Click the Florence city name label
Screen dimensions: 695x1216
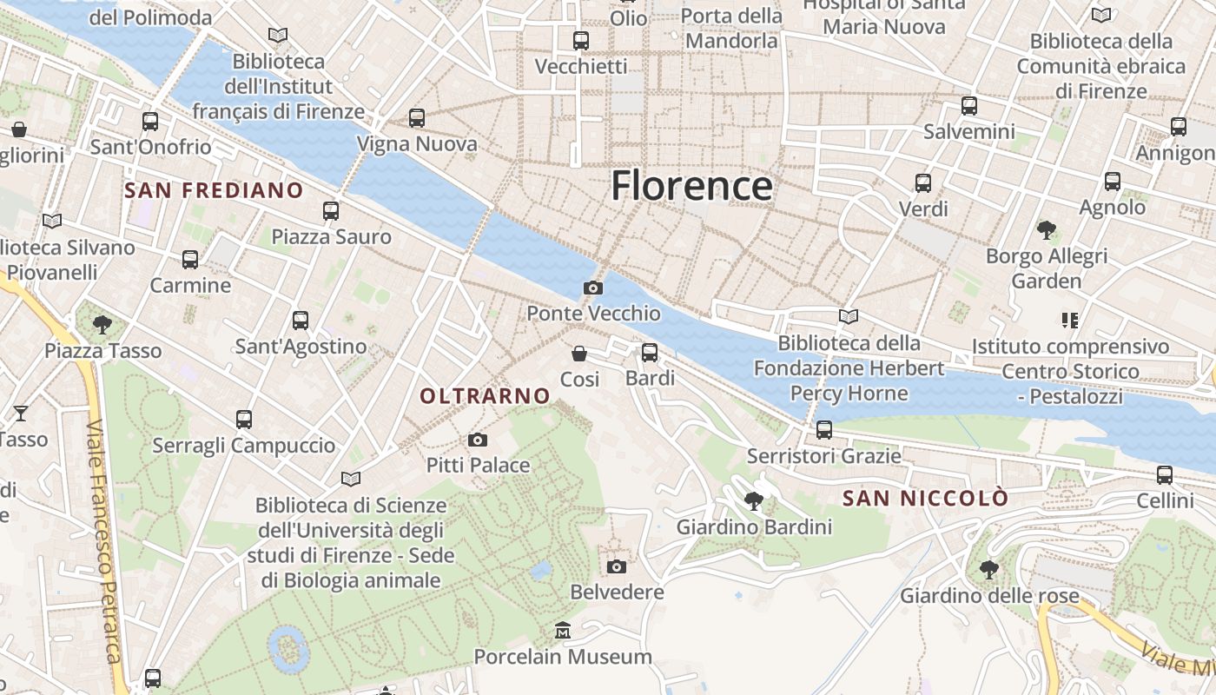click(691, 186)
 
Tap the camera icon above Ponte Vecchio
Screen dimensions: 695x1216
click(593, 288)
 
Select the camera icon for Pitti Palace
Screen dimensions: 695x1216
click(478, 440)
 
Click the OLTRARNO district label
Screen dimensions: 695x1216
click(486, 396)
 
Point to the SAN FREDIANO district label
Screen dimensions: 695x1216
click(214, 190)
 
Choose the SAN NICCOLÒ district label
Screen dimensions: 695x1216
click(926, 499)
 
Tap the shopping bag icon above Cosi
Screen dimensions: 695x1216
click(579, 354)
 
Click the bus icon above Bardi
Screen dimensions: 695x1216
click(650, 353)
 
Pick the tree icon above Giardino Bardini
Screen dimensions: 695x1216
click(754, 501)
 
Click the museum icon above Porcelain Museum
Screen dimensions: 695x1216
click(563, 630)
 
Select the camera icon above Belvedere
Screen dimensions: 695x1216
click(617, 567)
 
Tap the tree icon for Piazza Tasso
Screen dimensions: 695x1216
click(102, 325)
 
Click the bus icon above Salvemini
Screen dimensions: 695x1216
click(969, 106)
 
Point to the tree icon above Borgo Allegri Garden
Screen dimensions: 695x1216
click(1047, 230)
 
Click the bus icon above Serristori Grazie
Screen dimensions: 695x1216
click(824, 430)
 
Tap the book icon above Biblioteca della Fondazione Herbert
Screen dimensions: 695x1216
click(849, 317)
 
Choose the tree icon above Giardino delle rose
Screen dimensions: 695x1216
click(988, 570)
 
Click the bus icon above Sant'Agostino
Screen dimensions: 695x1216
click(301, 321)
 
